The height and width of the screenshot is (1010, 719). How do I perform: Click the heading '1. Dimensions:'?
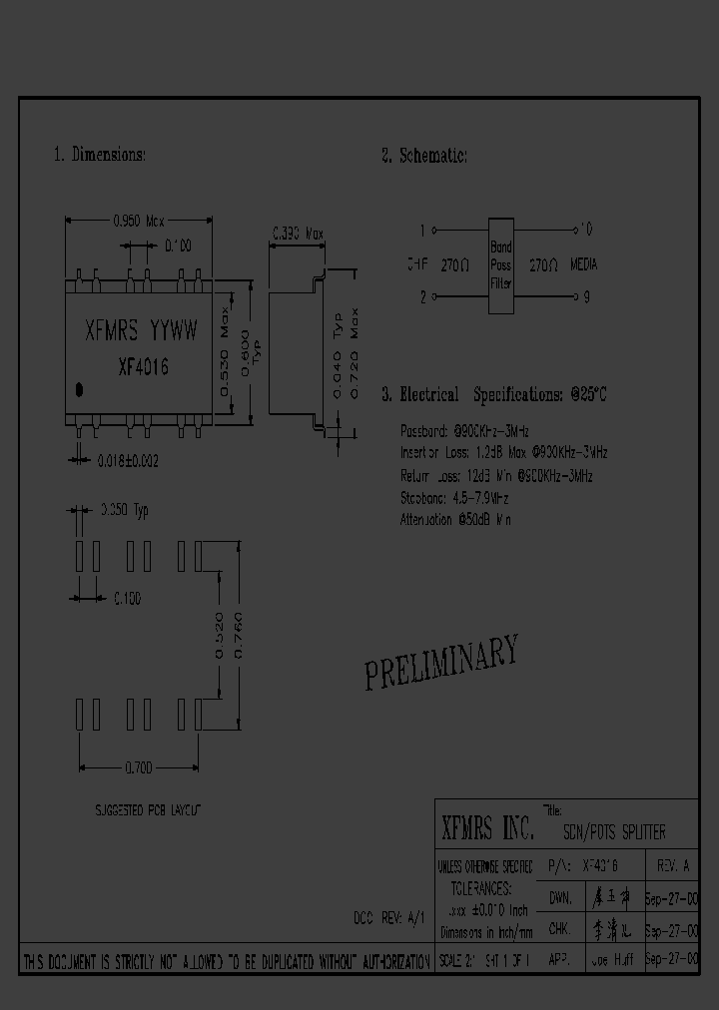pos(99,155)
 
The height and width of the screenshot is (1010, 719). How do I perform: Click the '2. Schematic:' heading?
pos(423,155)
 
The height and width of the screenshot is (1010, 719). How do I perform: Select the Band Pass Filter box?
pos(500,264)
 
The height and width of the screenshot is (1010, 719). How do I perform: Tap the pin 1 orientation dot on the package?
pos(80,388)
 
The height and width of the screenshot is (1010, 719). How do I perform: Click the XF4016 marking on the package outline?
pos(143,366)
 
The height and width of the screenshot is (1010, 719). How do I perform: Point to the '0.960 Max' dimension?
pos(136,221)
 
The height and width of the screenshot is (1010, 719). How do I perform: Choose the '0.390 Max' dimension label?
pos(299,236)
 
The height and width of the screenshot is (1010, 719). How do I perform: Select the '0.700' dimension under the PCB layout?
pos(139,767)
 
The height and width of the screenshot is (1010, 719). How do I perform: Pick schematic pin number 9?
pos(586,296)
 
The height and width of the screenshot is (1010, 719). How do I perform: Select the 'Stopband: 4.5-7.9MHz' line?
pos(455,497)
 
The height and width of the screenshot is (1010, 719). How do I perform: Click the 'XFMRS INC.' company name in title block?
pos(487,828)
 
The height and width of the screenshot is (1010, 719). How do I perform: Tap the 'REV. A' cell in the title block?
pos(672,866)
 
